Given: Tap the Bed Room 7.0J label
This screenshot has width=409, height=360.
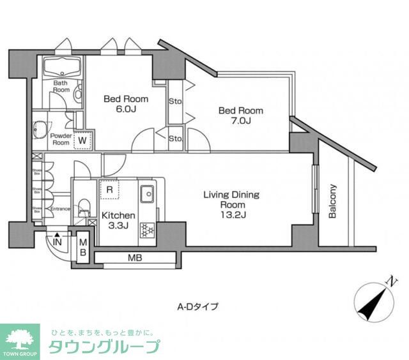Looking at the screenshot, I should pyautogui.click(x=240, y=116).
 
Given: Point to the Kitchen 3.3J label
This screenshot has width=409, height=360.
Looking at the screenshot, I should pyautogui.click(x=118, y=221).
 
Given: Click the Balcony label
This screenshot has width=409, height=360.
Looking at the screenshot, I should pyautogui.click(x=332, y=202).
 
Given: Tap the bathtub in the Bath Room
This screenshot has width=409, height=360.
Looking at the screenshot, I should pyautogui.click(x=61, y=66).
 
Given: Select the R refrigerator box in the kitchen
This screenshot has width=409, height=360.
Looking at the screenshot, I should pyautogui.click(x=110, y=190).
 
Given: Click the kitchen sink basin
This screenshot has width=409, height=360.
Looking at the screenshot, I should pyautogui.click(x=147, y=191).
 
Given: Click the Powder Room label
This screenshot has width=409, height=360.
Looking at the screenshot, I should pyautogui.click(x=60, y=139).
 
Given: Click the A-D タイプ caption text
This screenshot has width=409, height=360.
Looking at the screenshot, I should pyautogui.click(x=197, y=306).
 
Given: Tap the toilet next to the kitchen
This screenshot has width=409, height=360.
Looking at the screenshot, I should pyautogui.click(x=83, y=209).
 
